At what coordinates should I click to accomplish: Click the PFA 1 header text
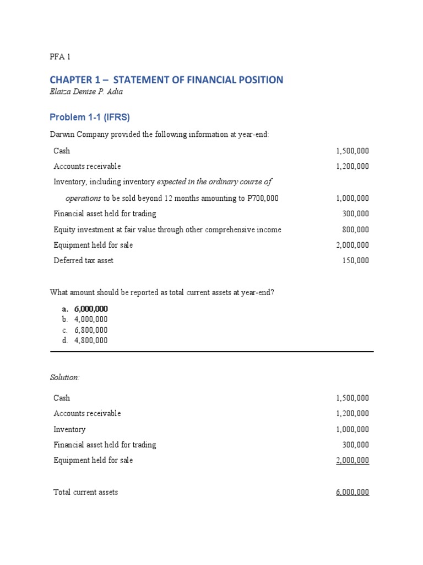click(60, 56)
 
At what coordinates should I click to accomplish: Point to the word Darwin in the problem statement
click(63, 135)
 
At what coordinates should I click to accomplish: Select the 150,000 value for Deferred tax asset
click(355, 260)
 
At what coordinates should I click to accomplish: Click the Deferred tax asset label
click(83, 260)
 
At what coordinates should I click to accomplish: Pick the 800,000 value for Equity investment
click(355, 230)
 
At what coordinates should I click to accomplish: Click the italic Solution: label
click(65, 377)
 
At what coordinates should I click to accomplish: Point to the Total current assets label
click(85, 492)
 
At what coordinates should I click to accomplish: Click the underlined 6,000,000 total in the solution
click(352, 492)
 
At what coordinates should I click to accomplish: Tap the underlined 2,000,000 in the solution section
click(352, 460)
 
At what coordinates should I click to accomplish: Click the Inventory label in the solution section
click(69, 429)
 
